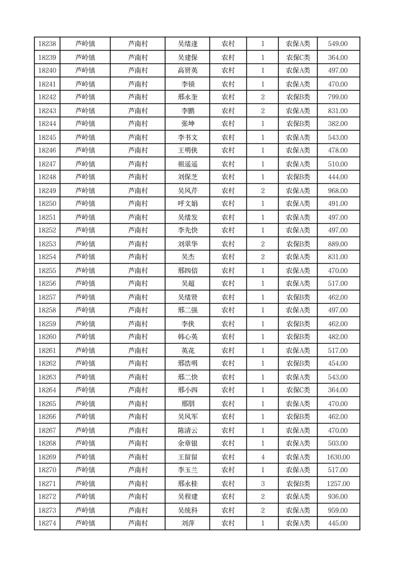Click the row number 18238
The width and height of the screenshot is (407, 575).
click(47, 44)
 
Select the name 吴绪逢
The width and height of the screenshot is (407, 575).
click(187, 44)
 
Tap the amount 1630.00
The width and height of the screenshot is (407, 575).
click(338, 457)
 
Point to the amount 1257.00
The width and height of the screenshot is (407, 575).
click(338, 484)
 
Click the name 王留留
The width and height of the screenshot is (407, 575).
click(187, 457)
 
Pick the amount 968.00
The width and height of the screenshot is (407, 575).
click(338, 191)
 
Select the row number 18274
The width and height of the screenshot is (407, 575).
click(47, 523)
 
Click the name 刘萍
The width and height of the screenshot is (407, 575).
click(187, 523)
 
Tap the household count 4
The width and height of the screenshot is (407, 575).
click(263, 457)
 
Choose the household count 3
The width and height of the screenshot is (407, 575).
click(263, 484)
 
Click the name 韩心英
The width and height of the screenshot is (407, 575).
click(187, 337)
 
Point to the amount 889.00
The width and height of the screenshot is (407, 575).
click(338, 244)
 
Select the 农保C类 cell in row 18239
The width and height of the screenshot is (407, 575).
click(298, 58)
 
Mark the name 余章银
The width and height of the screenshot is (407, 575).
click(187, 443)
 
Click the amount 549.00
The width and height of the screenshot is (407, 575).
click(338, 44)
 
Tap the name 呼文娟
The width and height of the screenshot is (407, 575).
click(187, 204)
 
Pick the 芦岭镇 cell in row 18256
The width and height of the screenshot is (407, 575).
click(85, 284)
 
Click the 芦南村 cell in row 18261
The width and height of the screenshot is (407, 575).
click(138, 351)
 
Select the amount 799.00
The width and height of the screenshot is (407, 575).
click(338, 97)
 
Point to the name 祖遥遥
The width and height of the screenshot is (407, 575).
click(187, 164)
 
